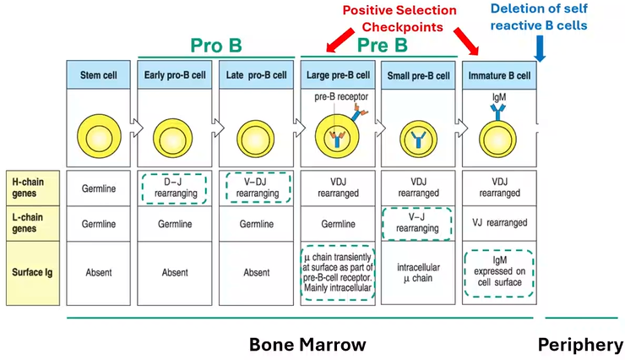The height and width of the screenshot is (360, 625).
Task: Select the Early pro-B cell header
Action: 174,75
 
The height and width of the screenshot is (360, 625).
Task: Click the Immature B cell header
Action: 498,75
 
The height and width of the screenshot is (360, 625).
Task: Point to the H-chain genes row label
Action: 33,186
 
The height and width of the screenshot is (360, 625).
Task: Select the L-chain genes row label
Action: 33,223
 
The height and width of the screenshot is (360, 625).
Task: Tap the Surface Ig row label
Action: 33,272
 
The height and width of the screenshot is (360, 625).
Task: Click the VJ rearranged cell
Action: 498,223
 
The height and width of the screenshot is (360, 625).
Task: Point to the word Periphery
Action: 580,345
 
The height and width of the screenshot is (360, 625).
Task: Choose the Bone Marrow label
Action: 307,345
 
